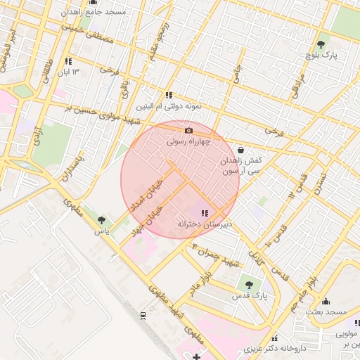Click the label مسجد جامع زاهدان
pyautogui.click(x=96, y=12)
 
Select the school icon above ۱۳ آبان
pyautogui.click(x=68, y=61)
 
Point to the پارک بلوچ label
pyautogui.click(x=325, y=54)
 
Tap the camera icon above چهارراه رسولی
pyautogui.click(x=188, y=130)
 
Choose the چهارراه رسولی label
pyautogui.click(x=188, y=141)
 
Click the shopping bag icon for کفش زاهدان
pyautogui.click(x=241, y=149)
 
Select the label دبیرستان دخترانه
pyautogui.click(x=204, y=224)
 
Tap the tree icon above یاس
pyautogui.click(x=103, y=220)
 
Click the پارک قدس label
pyautogui.click(x=247, y=296)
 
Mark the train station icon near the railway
pyautogui.click(x=143, y=314)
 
